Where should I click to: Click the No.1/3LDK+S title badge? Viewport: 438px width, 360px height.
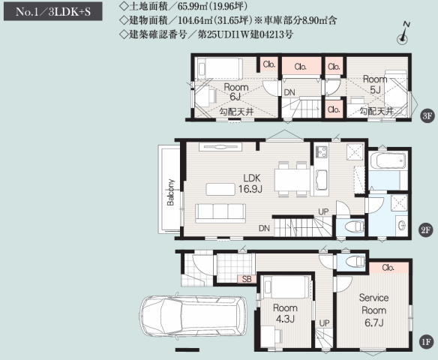(53, 11)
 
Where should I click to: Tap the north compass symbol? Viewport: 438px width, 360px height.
(403, 34)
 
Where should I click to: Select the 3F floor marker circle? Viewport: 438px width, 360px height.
(427, 115)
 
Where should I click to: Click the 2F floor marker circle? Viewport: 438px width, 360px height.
(426, 229)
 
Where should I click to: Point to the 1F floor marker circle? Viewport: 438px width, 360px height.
(426, 341)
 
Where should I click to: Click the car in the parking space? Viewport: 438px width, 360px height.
(193, 316)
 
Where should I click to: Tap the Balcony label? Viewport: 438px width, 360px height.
(170, 193)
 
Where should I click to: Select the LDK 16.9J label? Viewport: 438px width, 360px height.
(250, 184)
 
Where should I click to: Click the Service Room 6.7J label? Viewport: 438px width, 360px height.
(373, 310)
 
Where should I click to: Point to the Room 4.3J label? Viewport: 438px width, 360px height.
(285, 313)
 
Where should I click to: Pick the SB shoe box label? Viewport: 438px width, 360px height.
(247, 279)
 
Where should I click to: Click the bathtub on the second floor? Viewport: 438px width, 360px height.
(388, 161)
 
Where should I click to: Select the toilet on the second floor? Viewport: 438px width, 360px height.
(354, 226)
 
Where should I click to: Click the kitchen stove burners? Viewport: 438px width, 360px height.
(322, 151)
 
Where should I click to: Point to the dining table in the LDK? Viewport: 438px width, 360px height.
(292, 179)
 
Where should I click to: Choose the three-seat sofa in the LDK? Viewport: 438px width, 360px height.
(220, 213)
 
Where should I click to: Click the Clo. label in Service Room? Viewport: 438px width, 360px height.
(388, 268)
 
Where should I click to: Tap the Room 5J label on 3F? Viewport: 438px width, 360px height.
(375, 84)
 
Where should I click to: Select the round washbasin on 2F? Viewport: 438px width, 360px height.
(402, 226)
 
